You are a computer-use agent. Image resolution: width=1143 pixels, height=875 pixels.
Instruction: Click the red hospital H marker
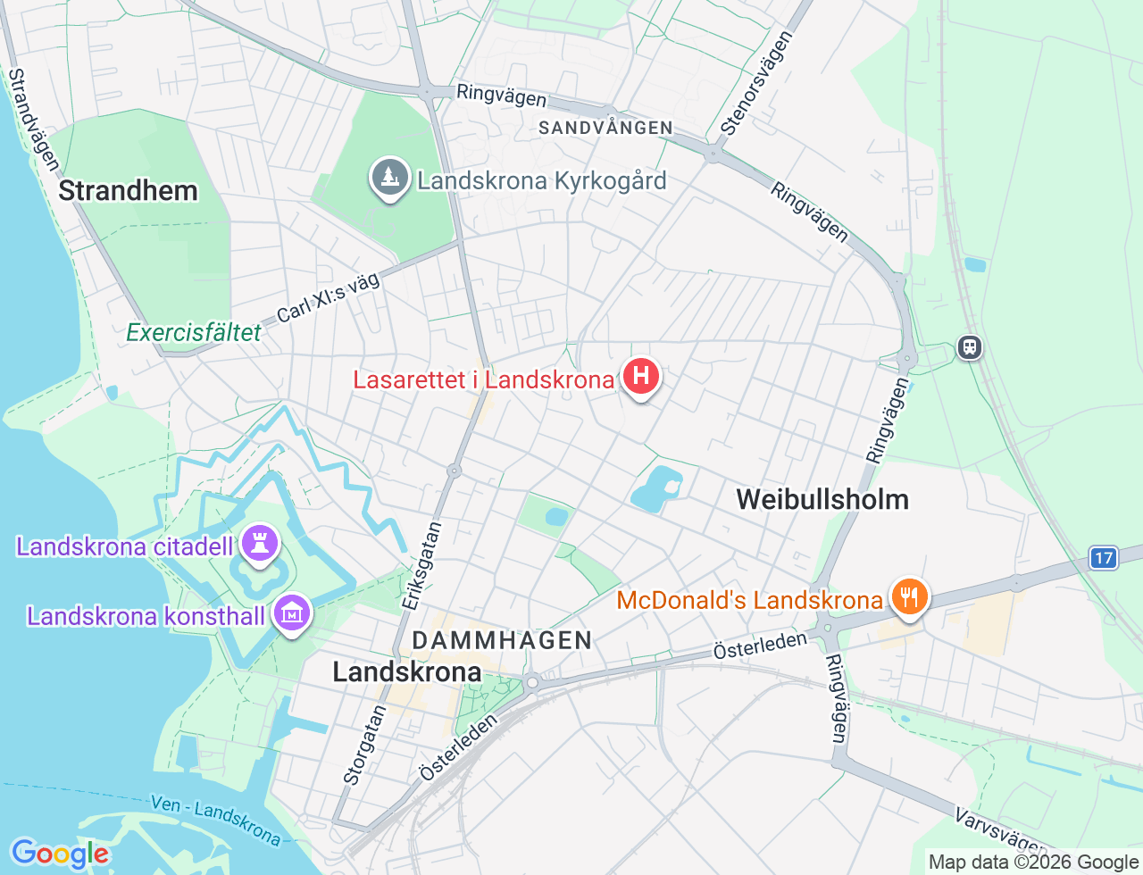click(640, 377)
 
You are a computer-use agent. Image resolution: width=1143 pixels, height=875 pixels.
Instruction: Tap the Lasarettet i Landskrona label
click(483, 379)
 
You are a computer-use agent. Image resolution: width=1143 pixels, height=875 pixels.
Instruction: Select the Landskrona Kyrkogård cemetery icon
click(389, 178)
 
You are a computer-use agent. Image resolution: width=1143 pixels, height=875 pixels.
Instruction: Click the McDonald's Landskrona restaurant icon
click(909, 596)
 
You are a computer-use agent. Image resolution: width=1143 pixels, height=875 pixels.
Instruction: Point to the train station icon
click(969, 346)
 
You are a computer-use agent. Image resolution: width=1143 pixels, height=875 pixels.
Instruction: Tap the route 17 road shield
click(1104, 558)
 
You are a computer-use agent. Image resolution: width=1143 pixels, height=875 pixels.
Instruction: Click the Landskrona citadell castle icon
click(260, 543)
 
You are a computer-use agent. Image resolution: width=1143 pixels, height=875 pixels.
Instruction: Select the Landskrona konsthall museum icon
click(291, 613)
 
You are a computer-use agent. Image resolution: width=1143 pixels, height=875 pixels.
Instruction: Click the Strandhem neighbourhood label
click(128, 190)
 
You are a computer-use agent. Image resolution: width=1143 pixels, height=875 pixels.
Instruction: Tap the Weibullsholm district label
click(822, 499)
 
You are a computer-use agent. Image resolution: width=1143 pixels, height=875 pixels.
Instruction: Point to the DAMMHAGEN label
click(502, 640)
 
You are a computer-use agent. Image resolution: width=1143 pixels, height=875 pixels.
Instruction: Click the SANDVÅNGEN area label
click(605, 128)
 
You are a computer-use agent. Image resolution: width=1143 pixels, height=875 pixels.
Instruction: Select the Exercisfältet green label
click(194, 333)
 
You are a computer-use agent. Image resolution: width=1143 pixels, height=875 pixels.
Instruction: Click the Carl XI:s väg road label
click(328, 298)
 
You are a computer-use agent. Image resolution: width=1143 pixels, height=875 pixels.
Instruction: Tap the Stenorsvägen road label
click(756, 84)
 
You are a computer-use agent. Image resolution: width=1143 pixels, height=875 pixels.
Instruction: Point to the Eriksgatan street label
click(421, 566)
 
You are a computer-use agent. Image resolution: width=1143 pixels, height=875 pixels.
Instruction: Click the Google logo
click(59, 854)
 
